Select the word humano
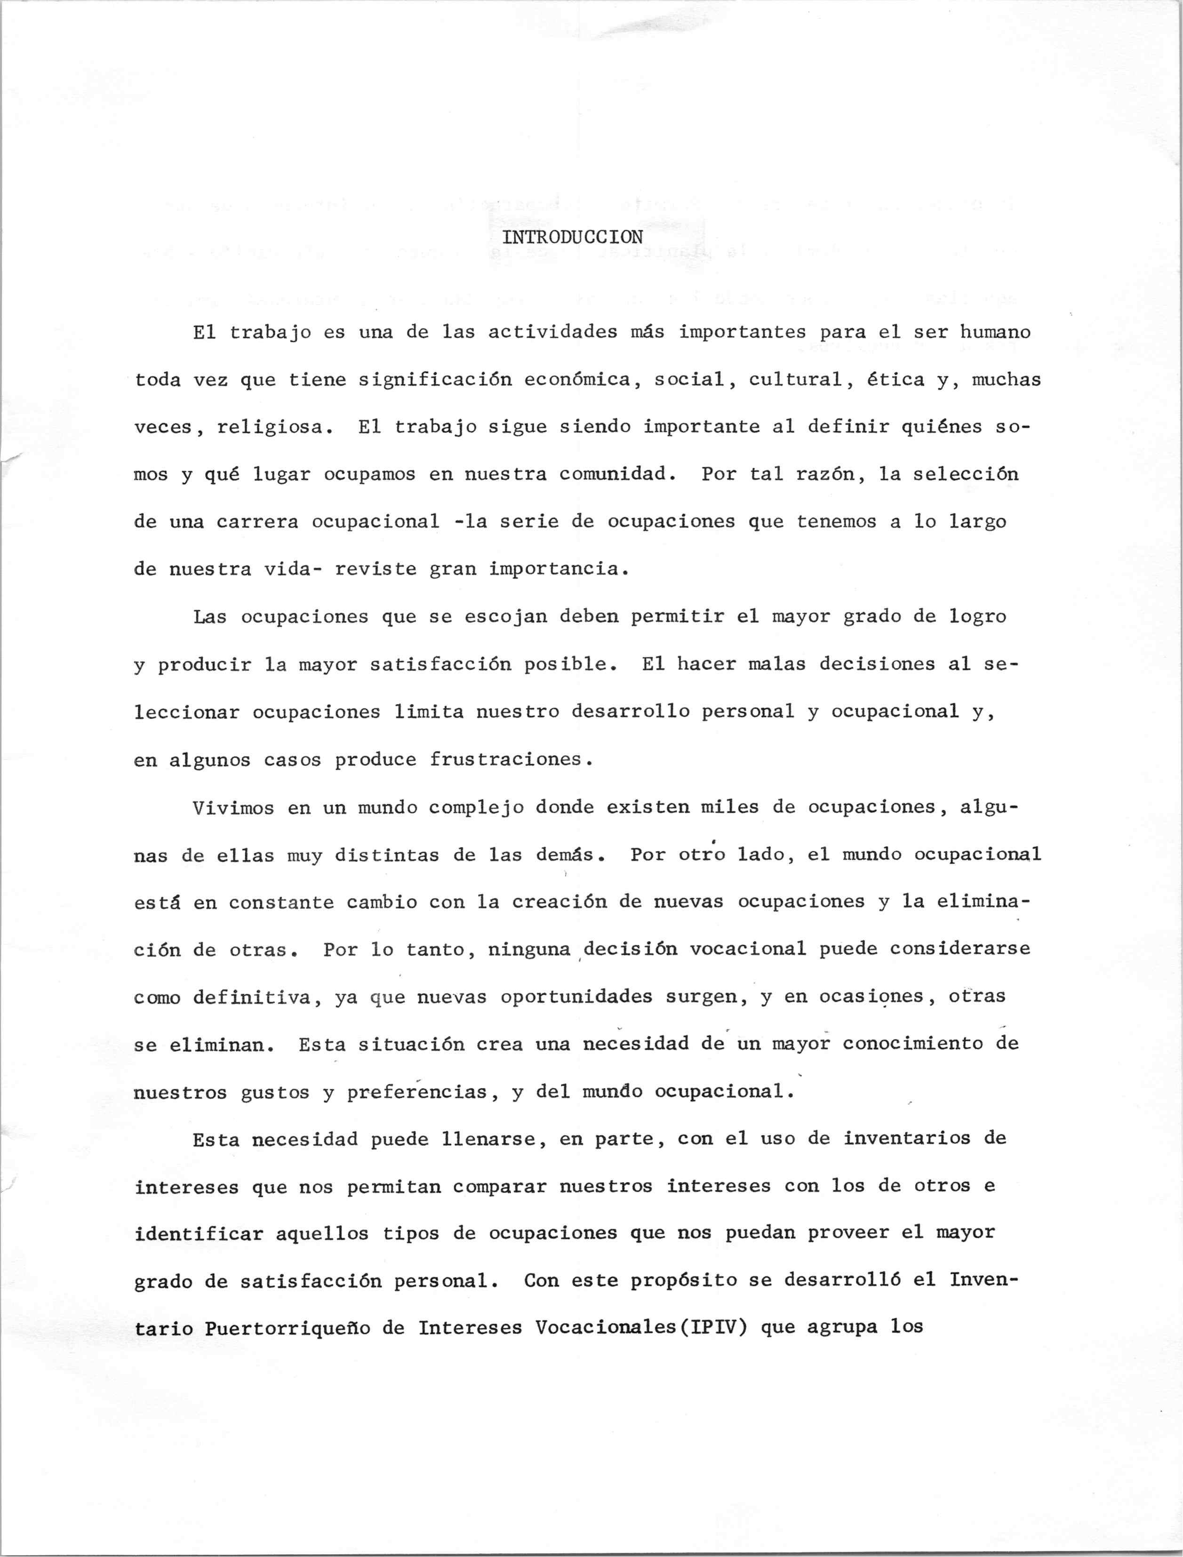click(x=995, y=332)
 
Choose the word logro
click(x=977, y=617)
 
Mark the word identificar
click(x=199, y=1234)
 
